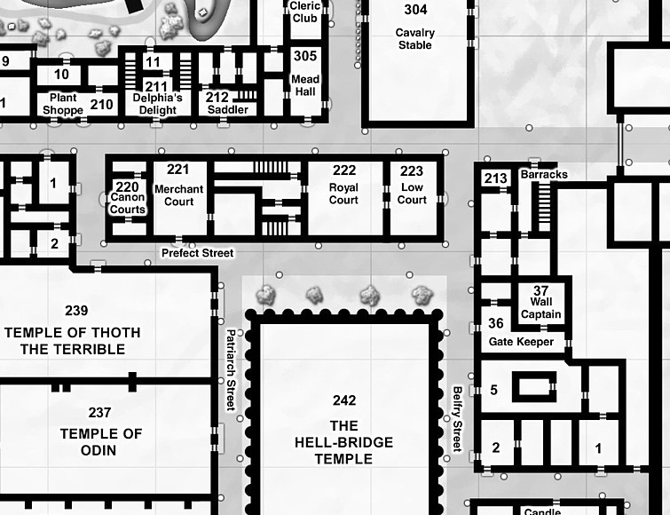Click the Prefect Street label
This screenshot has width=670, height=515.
[197, 253]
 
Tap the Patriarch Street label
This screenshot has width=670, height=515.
[231, 369]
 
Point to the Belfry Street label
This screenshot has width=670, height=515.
[458, 419]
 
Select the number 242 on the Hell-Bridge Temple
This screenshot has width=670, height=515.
[344, 400]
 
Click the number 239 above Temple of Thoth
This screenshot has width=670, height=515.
[76, 310]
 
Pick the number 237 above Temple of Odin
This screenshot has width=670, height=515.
[99, 412]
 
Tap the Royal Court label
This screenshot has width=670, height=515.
[343, 194]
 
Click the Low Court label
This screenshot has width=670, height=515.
[412, 194]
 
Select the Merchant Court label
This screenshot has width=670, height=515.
[179, 195]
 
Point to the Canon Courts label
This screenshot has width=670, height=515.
[128, 203]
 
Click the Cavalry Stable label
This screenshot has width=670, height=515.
[415, 39]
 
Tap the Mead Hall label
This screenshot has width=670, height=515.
[305, 85]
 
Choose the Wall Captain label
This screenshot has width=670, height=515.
[541, 308]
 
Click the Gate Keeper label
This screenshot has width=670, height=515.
[521, 342]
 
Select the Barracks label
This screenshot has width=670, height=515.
[544, 174]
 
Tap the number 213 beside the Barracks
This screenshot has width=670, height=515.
[496, 178]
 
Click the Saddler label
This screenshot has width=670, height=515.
[228, 110]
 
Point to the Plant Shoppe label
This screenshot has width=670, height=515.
[63, 104]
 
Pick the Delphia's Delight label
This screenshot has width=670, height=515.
[158, 104]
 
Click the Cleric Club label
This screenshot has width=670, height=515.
[305, 12]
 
